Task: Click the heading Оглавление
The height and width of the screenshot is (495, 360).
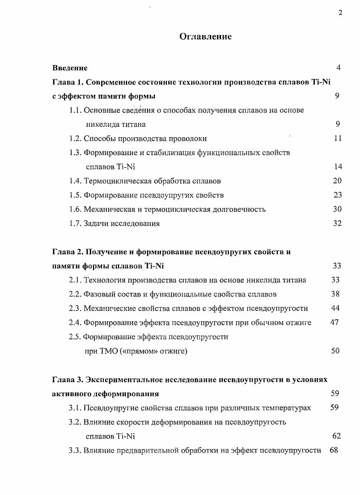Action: pyautogui.click(x=205, y=37)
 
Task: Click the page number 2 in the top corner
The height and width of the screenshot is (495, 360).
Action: pyautogui.click(x=340, y=13)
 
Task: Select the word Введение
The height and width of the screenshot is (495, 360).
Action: pyautogui.click(x=70, y=68)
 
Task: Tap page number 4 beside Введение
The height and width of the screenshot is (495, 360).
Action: pyautogui.click(x=338, y=68)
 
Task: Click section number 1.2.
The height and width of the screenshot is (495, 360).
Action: pyautogui.click(x=75, y=139)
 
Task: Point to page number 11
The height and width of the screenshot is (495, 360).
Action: pyautogui.click(x=337, y=139)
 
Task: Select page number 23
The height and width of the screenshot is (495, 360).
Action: pyautogui.click(x=337, y=195)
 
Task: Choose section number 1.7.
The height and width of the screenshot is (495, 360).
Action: pyautogui.click(x=75, y=223)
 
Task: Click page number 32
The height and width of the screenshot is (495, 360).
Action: pyautogui.click(x=337, y=223)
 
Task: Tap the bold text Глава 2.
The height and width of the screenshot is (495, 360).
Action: pyautogui.click(x=67, y=252)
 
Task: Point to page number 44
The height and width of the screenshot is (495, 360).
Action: pyautogui.click(x=335, y=308)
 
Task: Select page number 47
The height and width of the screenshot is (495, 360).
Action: pyautogui.click(x=334, y=322)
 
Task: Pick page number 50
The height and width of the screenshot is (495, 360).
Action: pyautogui.click(x=335, y=351)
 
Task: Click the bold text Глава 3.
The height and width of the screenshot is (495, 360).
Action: pyautogui.click(x=67, y=379)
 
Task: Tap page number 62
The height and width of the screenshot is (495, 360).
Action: pyautogui.click(x=336, y=436)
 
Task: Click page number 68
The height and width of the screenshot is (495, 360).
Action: pyautogui.click(x=334, y=450)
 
